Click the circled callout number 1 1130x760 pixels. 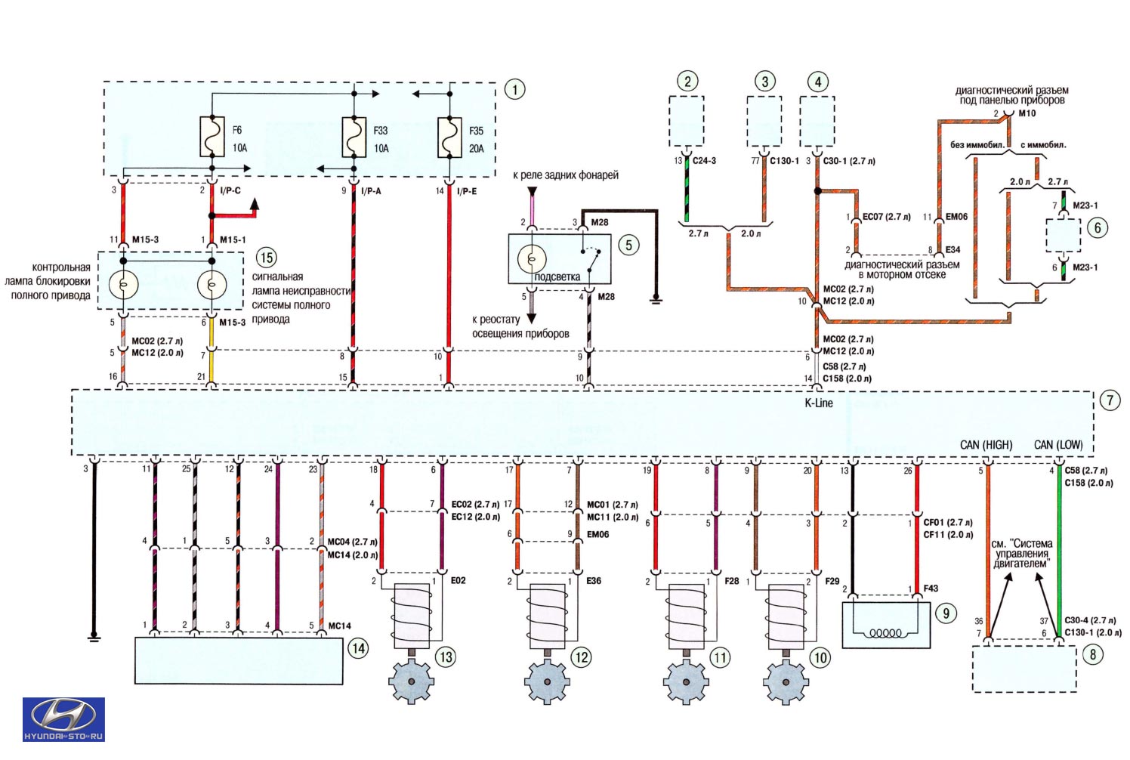click(514, 90)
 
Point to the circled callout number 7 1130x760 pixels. click(1110, 400)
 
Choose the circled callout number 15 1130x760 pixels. click(267, 258)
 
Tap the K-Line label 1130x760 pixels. click(819, 403)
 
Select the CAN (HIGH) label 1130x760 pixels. click(986, 445)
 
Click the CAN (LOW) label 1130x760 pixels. click(1058, 445)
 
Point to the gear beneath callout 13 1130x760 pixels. click(411, 681)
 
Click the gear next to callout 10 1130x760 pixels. click(786, 681)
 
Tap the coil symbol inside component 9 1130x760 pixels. click(886, 633)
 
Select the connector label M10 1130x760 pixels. click(1027, 113)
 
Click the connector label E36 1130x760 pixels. click(594, 580)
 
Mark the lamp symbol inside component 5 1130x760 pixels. click(532, 259)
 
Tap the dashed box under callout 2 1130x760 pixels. click(687, 122)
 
